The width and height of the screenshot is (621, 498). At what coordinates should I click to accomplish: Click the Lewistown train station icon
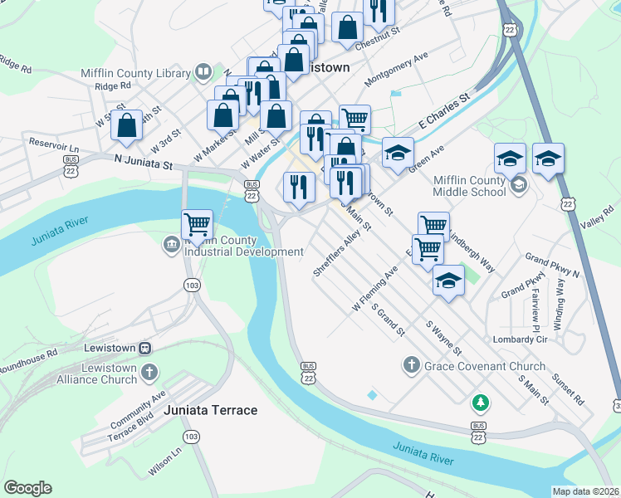point(144,349)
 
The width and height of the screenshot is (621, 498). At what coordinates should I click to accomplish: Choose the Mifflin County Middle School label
point(470,186)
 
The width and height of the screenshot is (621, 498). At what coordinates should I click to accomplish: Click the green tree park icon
point(479,403)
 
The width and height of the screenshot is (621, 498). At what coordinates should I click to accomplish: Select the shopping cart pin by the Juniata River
point(197,224)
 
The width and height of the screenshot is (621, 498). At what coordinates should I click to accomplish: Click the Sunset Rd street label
point(567,388)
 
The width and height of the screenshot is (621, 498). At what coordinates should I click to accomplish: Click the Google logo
point(27,488)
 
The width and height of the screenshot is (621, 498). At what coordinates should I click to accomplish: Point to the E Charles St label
point(444,110)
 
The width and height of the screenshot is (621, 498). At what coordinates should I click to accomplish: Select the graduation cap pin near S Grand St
point(448,282)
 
